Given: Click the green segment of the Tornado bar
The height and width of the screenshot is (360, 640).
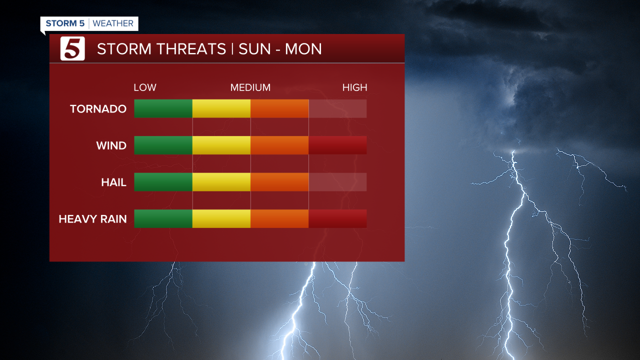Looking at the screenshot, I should click(163, 108).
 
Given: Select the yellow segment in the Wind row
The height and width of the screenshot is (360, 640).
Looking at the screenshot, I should click(221, 145).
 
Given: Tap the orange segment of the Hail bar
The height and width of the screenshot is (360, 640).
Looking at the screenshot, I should click(279, 182).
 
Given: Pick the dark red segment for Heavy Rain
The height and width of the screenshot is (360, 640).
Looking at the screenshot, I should click(337, 218).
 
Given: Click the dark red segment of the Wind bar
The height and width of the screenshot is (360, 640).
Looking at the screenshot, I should click(337, 145).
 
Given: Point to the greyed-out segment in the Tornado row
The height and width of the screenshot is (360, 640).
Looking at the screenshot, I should click(337, 108).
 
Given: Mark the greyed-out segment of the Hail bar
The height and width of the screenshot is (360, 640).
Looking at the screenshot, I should click(337, 182).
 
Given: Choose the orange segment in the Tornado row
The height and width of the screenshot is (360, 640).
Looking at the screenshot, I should click(279, 108).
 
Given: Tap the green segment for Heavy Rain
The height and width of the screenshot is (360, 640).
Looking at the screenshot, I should click(163, 218).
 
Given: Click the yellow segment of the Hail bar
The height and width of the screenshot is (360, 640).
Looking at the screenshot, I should click(221, 182).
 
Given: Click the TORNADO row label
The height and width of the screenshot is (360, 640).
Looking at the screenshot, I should click(98, 109).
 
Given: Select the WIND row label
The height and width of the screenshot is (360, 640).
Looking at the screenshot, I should click(111, 146).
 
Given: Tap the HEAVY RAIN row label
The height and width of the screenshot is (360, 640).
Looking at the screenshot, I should click(92, 219).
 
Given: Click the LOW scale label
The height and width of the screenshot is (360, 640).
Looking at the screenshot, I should click(145, 87).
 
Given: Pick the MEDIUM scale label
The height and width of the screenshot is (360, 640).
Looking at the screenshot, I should click(250, 87).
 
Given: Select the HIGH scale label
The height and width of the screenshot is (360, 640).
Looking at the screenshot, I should click(354, 87).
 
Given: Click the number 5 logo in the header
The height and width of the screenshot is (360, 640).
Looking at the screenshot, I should click(72, 49).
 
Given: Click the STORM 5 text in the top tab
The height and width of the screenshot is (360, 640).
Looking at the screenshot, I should click(65, 23).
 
